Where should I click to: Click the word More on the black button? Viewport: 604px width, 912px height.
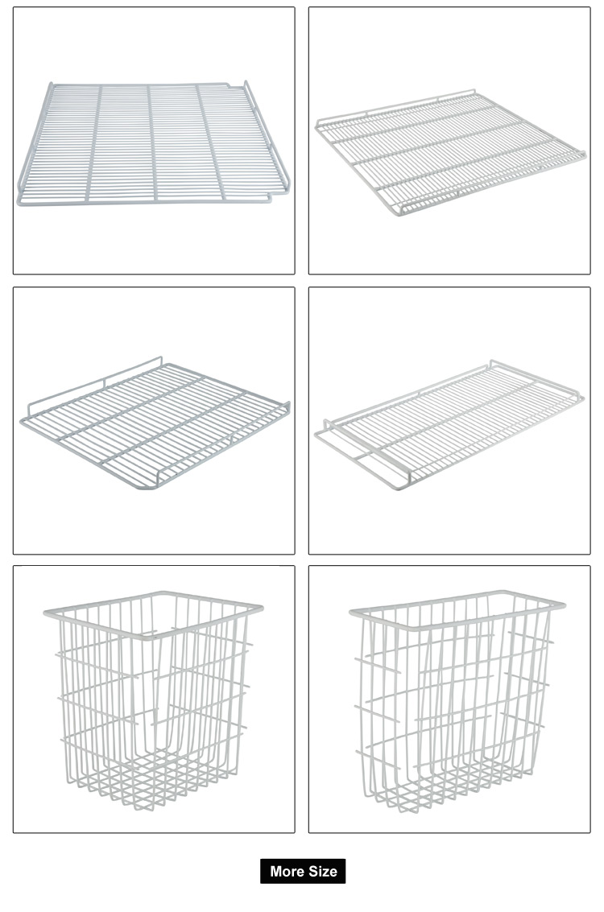point(287,871)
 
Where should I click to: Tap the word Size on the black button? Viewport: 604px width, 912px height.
point(323,871)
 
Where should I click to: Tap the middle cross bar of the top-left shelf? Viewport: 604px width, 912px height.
point(153,142)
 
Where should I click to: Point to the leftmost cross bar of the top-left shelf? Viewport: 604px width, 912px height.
point(94,142)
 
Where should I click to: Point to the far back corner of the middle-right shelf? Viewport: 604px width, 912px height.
point(492,362)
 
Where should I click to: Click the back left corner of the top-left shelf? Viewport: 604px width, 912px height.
point(51,85)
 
